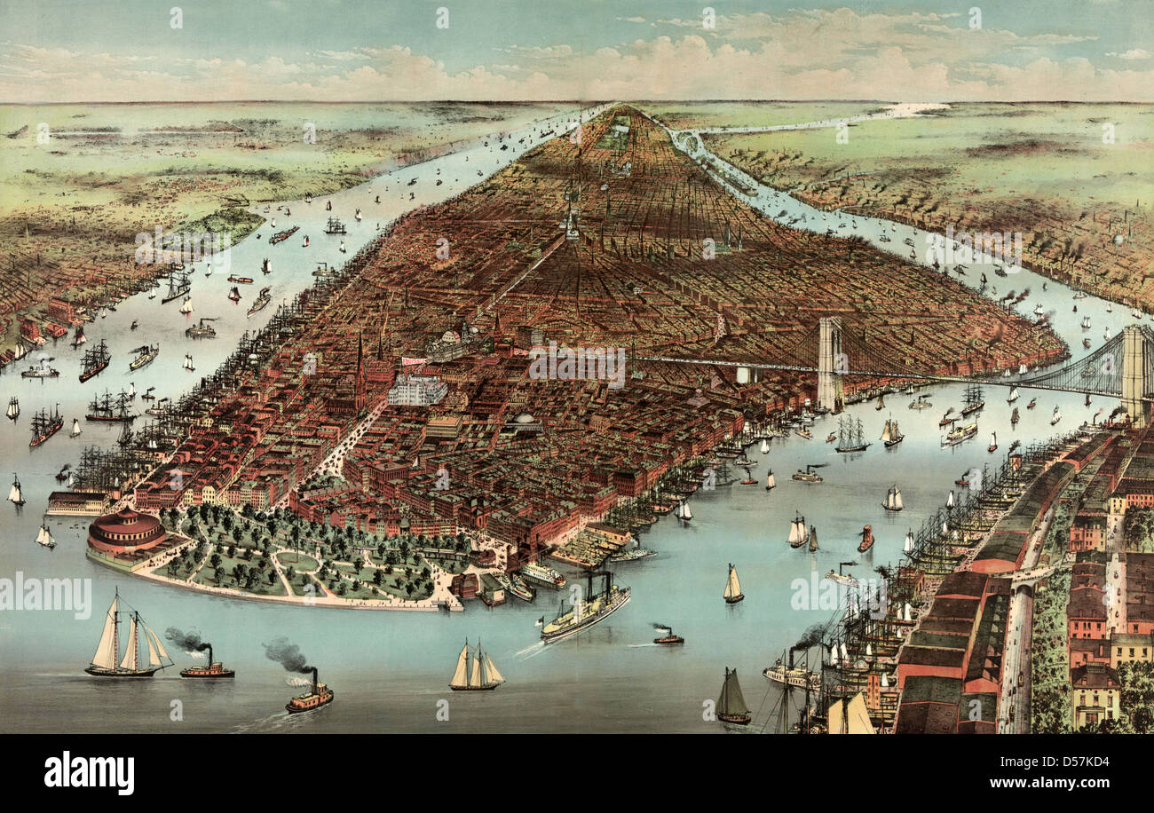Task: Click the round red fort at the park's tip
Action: point(126,532)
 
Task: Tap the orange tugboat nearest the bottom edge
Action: point(309,698)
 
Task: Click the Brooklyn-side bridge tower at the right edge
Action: point(1133,373)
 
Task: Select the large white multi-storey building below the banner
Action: point(417,390)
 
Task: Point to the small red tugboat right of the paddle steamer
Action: point(668,637)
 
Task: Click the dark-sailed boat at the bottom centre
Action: point(732,698)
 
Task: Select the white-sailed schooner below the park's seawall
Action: point(476,670)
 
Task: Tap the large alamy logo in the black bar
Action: point(89,773)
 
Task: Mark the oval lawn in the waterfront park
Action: point(297,562)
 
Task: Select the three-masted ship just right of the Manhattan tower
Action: point(850,435)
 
